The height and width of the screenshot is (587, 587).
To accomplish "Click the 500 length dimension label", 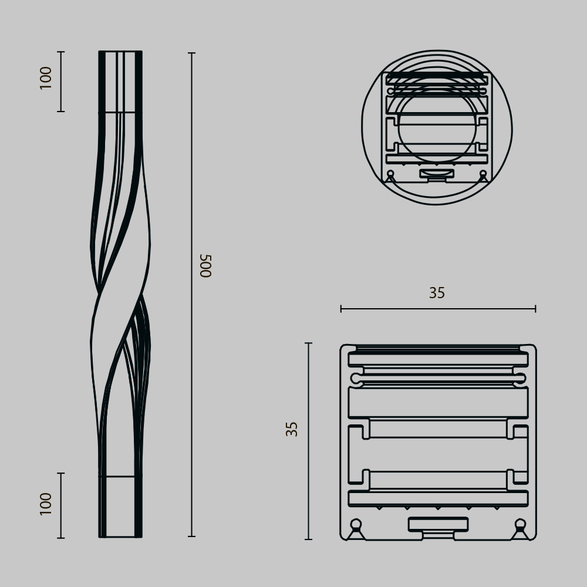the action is [x=206, y=266].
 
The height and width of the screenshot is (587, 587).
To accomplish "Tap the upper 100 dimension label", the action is [x=46, y=78].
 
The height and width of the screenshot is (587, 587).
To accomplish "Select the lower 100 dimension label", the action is [x=46, y=504].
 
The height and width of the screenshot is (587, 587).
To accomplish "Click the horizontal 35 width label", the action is [x=437, y=293].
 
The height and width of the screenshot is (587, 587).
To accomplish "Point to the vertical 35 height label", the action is [x=292, y=429].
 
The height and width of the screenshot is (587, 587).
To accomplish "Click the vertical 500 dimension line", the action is [x=191, y=295].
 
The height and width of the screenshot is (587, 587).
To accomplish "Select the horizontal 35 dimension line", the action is [x=438, y=309].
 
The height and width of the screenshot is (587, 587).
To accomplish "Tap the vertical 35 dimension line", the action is [x=309, y=441].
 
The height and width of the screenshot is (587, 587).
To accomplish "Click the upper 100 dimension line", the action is [x=61, y=81].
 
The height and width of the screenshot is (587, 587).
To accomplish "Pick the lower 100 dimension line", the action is [x=61, y=506].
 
